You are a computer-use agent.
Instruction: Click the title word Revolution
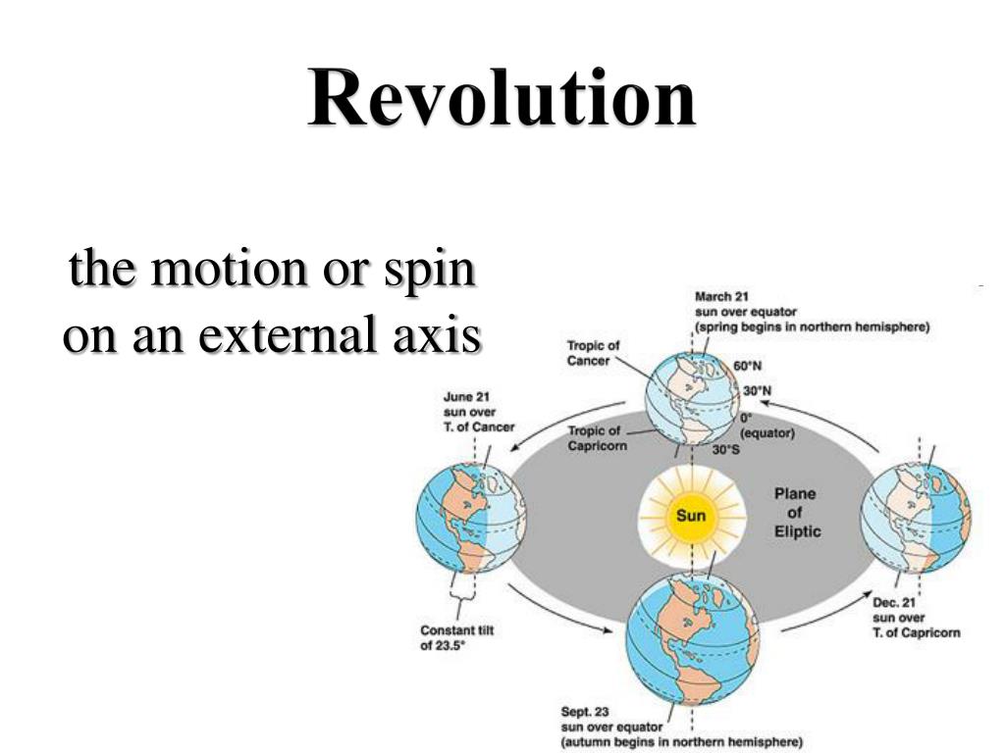(502, 99)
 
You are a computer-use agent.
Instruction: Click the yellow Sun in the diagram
(690, 516)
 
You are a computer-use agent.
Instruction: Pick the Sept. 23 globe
(692, 635)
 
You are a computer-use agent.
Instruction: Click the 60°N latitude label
(748, 367)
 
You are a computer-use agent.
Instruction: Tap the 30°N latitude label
(758, 390)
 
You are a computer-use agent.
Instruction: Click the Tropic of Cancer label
(593, 353)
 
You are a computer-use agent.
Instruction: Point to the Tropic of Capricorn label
(596, 438)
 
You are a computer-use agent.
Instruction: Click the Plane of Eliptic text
(794, 513)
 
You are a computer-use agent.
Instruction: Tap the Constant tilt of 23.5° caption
(456, 638)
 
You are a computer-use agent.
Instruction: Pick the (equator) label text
(767, 432)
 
